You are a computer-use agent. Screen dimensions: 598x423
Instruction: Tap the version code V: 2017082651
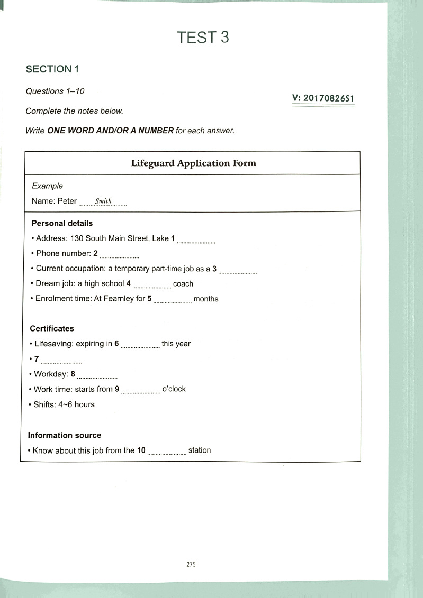point(323,98)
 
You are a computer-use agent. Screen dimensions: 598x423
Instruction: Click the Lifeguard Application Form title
point(193,163)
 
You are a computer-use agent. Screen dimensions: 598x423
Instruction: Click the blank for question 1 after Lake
point(196,240)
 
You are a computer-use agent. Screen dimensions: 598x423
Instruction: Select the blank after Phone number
point(119,255)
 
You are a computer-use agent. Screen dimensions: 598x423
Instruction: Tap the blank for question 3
point(238,270)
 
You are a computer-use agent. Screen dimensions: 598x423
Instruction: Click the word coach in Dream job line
point(183,283)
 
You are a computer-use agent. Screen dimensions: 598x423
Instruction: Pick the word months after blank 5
point(206,299)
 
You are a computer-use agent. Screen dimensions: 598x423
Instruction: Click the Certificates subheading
point(52,328)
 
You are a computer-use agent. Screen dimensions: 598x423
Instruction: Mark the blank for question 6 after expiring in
point(140,345)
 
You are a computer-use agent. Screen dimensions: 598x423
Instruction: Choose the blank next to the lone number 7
point(61,361)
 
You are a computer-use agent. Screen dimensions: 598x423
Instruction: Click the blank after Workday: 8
point(97,376)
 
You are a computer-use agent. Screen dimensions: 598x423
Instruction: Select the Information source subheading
point(64,435)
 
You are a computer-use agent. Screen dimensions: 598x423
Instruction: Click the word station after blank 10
point(200,450)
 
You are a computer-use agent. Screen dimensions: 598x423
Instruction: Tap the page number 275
point(192,565)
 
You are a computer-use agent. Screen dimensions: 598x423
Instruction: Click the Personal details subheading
point(62,223)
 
